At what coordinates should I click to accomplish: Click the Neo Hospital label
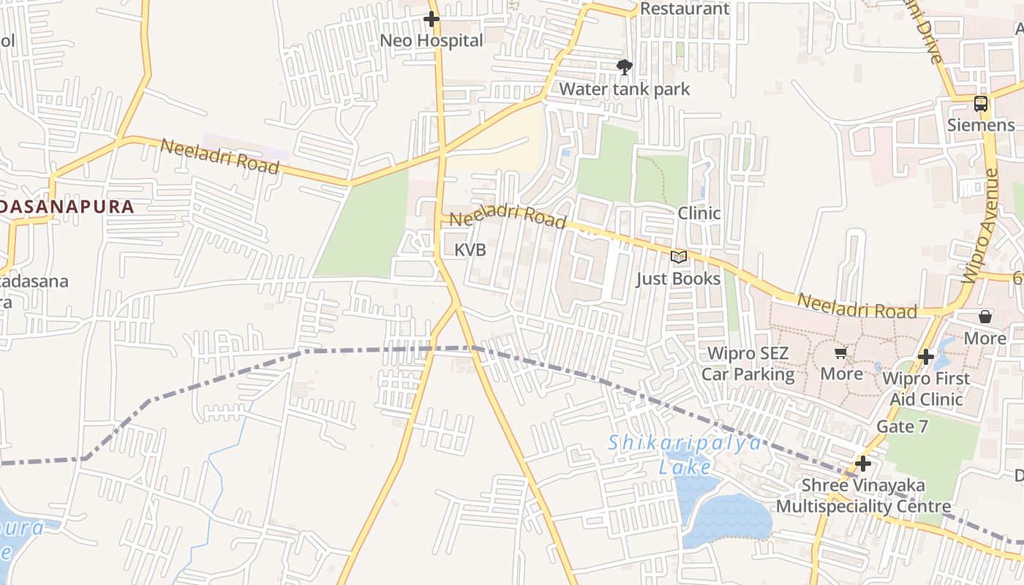coord(432,40)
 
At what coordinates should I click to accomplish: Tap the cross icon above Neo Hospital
coord(432,19)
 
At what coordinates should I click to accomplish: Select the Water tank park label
coord(625,89)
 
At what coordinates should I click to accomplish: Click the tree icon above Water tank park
coord(624,67)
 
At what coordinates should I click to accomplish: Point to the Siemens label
coord(981,125)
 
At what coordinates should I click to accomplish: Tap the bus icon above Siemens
coord(981,104)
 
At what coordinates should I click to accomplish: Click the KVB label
coord(470,250)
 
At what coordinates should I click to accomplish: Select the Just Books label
coord(678,279)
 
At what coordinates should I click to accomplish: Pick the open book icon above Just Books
coord(679,257)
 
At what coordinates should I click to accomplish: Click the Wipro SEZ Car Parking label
coord(748,364)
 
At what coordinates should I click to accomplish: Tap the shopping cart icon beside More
coord(840,353)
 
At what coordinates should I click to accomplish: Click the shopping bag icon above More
coord(985,317)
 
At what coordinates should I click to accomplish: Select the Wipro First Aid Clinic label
coord(926,389)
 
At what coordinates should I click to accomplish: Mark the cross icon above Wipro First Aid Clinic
coord(926,357)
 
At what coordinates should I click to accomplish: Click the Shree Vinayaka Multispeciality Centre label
coord(863,496)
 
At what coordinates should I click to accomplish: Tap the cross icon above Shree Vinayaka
coord(863,464)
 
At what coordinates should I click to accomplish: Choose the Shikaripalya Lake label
coord(685,455)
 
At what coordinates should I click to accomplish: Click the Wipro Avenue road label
coord(981,227)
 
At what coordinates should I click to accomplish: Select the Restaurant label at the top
coord(685,9)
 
